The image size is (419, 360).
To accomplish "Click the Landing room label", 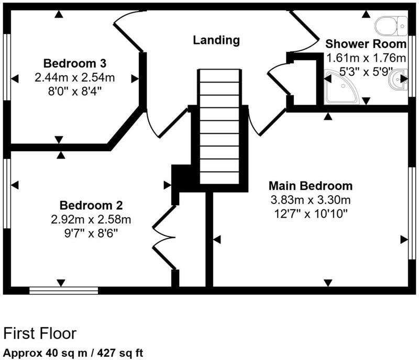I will [x=216, y=40].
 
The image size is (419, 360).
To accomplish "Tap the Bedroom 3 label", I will [x=75, y=64].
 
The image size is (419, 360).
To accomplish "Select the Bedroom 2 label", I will [x=91, y=205].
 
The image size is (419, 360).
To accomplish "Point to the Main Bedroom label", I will [x=310, y=186].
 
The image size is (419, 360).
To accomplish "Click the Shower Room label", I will [x=366, y=43].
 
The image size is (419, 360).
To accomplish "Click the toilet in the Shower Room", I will [x=392, y=24].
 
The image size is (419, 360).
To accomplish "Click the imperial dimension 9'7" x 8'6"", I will [x=91, y=231].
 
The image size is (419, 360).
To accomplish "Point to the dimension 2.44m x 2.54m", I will [x=75, y=78].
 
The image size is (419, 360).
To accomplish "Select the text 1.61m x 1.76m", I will [x=366, y=58].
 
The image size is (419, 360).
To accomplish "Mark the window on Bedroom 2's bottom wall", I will [x=63, y=290].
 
